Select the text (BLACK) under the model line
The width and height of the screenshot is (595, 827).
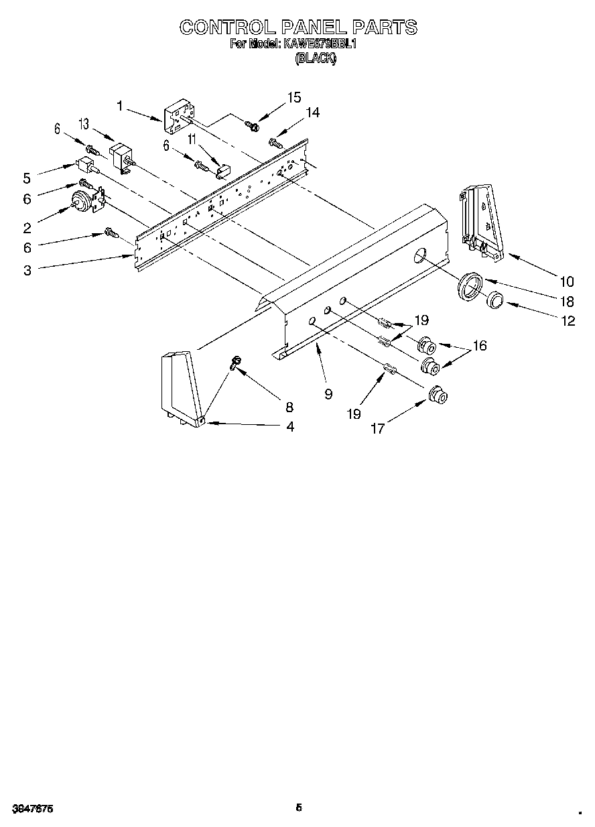click(x=316, y=58)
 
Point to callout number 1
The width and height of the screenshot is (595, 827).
click(x=120, y=105)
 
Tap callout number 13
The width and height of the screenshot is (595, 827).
click(x=84, y=123)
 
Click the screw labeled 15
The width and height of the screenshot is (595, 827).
click(x=252, y=125)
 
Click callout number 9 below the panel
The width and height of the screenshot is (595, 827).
click(x=328, y=394)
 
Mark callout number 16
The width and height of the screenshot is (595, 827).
click(x=479, y=346)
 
